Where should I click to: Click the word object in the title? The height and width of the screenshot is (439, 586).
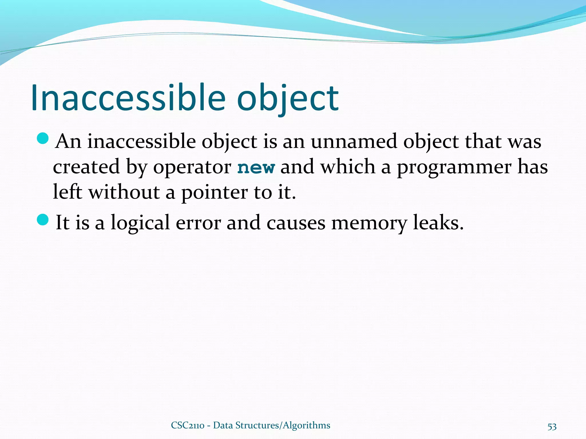(x=288, y=98)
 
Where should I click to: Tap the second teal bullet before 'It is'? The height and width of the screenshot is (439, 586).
(x=43, y=219)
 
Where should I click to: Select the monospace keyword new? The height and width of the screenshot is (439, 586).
(x=256, y=167)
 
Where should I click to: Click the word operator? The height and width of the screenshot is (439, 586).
(x=192, y=167)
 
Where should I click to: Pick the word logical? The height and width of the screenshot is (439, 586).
(x=140, y=223)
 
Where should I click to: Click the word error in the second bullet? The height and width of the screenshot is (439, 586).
(x=198, y=223)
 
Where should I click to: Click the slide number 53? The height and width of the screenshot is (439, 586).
(x=552, y=426)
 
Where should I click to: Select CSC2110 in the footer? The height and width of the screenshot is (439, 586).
(x=187, y=425)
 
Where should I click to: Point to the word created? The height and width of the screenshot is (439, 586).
(x=86, y=167)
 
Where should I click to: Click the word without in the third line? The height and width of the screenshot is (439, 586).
(x=124, y=192)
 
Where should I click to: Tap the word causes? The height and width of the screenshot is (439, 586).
(x=296, y=223)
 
